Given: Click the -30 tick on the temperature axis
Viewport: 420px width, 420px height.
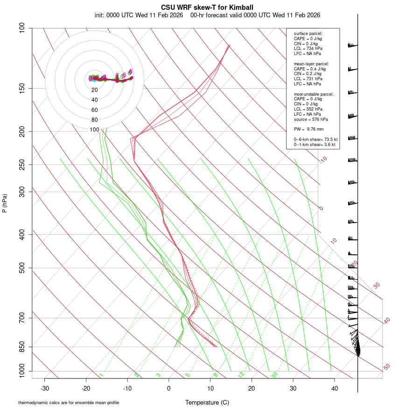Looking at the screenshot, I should point(45,388).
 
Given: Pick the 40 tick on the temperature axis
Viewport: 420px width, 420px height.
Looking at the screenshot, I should point(335,388).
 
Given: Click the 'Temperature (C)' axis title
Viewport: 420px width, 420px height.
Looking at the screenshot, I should point(207,402).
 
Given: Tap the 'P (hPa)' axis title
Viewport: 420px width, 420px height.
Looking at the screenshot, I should point(5,203).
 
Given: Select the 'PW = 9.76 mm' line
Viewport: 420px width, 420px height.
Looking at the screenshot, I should point(308,129).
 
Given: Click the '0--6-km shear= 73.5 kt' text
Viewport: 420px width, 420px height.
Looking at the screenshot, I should point(315,140).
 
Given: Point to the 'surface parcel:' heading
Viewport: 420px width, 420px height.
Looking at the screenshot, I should point(308,34).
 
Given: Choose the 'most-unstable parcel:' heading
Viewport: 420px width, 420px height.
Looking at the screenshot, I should point(314,94).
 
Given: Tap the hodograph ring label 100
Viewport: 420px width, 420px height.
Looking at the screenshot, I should point(95,130).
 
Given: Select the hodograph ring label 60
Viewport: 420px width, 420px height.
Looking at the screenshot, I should point(95,110).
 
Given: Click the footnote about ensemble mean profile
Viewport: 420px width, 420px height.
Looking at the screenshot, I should point(69,403).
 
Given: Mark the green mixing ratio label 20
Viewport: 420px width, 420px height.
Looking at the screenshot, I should point(275,374).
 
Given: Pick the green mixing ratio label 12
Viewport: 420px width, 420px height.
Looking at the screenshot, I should point(241,374).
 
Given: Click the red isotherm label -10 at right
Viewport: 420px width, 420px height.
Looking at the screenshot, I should point(323,160).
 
